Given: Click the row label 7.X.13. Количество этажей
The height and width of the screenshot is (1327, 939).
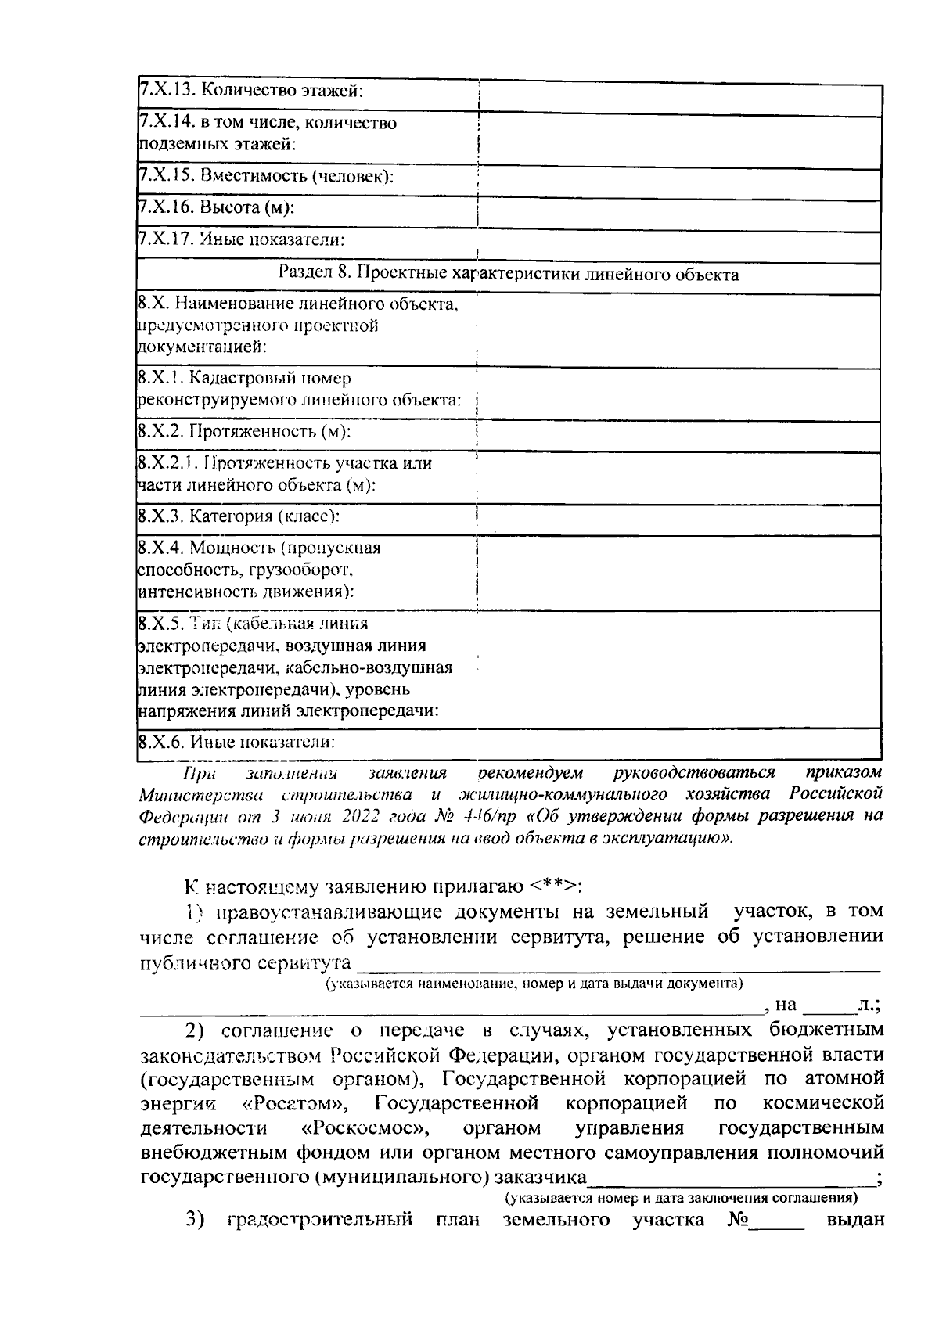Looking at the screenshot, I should [x=252, y=90].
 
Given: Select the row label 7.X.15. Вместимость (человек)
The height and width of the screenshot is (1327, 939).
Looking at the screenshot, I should [x=266, y=177].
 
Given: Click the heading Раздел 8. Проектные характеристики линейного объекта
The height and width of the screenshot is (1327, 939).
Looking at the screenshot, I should [x=509, y=275].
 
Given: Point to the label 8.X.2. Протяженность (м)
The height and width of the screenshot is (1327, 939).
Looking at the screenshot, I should [x=244, y=431].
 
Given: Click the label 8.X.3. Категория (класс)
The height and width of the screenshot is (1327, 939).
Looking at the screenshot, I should [x=238, y=516].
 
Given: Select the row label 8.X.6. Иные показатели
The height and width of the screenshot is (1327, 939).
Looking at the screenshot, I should [x=236, y=742].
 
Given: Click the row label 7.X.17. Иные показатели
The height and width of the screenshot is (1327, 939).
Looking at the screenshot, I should [x=242, y=239].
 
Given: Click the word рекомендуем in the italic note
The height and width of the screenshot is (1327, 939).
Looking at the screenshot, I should [x=531, y=773].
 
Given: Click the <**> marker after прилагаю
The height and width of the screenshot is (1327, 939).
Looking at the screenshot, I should [x=551, y=886].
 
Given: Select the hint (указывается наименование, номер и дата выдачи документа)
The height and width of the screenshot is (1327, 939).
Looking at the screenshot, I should [x=534, y=983].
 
